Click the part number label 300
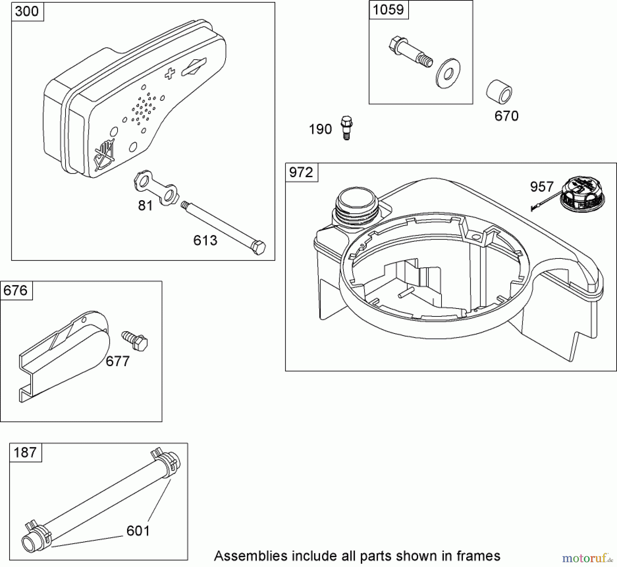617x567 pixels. click(x=27, y=12)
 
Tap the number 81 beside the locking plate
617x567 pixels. click(x=145, y=206)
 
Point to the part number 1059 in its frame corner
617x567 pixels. click(x=388, y=10)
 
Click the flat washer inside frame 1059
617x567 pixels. click(x=448, y=73)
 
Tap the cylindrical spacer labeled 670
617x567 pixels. click(x=499, y=92)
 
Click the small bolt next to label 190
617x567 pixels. click(x=347, y=128)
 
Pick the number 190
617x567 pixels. click(x=320, y=130)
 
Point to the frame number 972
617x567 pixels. click(x=301, y=172)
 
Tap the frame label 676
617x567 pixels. click(x=15, y=291)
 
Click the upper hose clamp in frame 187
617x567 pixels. click(x=166, y=461)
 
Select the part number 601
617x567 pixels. click(x=138, y=531)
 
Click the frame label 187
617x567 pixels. click(x=25, y=453)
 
